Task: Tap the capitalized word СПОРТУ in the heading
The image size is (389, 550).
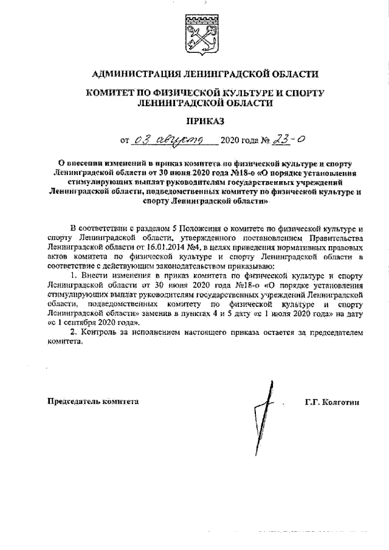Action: coord(301,94)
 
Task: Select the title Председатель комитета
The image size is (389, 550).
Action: coord(93,402)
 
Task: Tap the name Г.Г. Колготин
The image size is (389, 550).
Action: coord(334,402)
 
